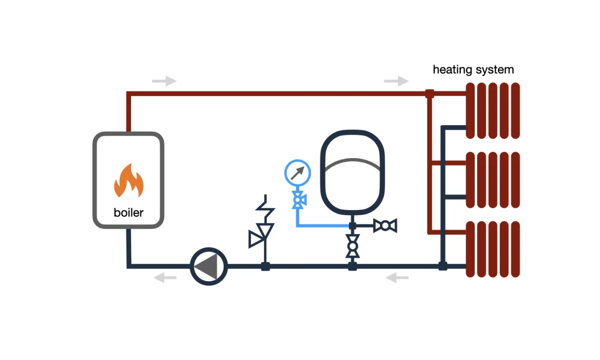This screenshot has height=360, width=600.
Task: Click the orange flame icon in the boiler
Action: click(x=128, y=181)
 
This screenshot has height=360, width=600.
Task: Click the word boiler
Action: click(x=128, y=212)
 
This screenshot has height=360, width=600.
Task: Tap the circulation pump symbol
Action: click(x=209, y=266)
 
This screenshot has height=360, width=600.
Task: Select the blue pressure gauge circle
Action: click(x=298, y=173)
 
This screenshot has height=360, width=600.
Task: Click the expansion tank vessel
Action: click(x=352, y=172)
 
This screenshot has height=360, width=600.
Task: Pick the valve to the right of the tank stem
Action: click(x=385, y=226)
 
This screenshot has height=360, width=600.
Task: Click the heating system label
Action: click(x=473, y=70)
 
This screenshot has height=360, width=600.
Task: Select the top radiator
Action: click(x=493, y=111)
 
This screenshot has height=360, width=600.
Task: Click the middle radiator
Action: click(x=493, y=180)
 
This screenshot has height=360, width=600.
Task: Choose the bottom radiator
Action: click(x=493, y=249)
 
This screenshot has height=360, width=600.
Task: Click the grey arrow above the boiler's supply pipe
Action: click(x=164, y=81)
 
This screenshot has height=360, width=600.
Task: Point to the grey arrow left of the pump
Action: click(x=165, y=278)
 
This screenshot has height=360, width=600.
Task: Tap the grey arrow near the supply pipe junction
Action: click(x=396, y=81)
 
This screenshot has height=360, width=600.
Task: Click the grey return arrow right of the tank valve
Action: click(x=397, y=278)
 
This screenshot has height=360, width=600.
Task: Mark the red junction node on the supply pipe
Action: click(x=429, y=94)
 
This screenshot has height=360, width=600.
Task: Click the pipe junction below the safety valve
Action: click(x=265, y=266)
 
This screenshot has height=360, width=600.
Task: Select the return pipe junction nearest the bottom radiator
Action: click(x=442, y=266)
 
